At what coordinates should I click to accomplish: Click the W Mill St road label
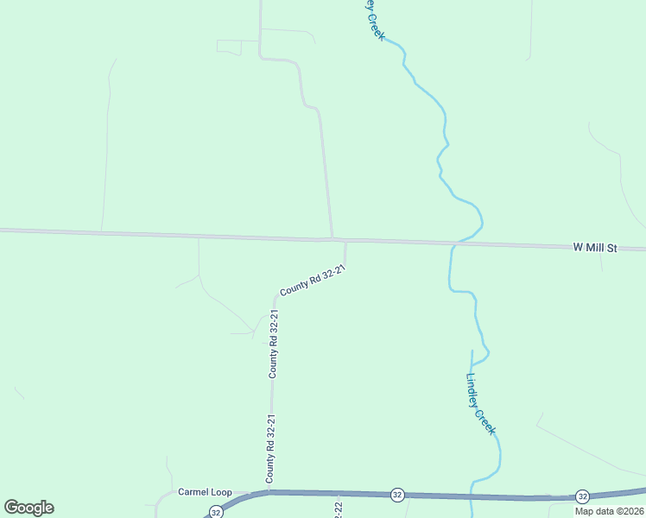(x=595, y=248)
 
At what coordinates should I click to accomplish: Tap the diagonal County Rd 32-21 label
(x=312, y=281)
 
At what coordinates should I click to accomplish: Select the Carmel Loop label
(x=205, y=492)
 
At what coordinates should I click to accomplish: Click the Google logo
(x=28, y=508)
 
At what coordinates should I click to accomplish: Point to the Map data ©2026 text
(x=610, y=511)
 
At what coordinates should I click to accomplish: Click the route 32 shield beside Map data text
(x=583, y=496)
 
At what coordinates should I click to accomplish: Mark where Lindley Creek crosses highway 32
(x=472, y=496)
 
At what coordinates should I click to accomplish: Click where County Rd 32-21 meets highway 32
(x=269, y=492)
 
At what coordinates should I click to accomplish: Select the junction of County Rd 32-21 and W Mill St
(x=345, y=241)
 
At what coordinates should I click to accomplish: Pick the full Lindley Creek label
(x=481, y=403)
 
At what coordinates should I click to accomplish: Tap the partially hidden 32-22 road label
(x=338, y=510)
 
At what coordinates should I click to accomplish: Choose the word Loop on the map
(x=221, y=492)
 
